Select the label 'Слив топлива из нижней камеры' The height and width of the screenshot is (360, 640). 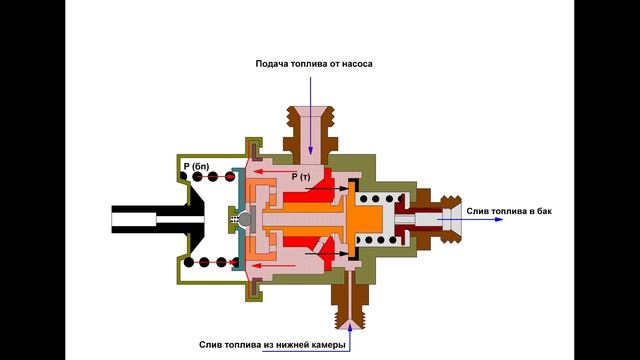(272, 345)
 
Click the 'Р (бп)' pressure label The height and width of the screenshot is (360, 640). (194, 163)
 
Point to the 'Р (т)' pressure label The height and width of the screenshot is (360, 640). (302, 176)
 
